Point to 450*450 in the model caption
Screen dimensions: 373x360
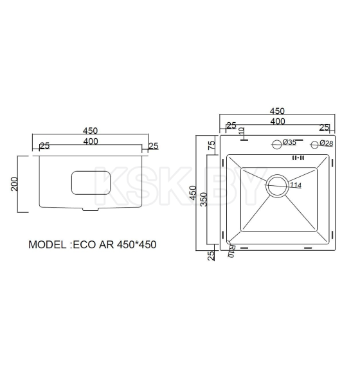click(137, 245)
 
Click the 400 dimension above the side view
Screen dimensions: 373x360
click(91, 141)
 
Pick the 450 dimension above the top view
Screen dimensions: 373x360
click(277, 111)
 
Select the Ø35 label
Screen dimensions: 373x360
click(289, 143)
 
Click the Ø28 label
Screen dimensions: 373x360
click(326, 143)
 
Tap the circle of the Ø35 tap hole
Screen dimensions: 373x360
click(277, 143)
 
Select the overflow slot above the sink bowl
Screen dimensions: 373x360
click(298, 157)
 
